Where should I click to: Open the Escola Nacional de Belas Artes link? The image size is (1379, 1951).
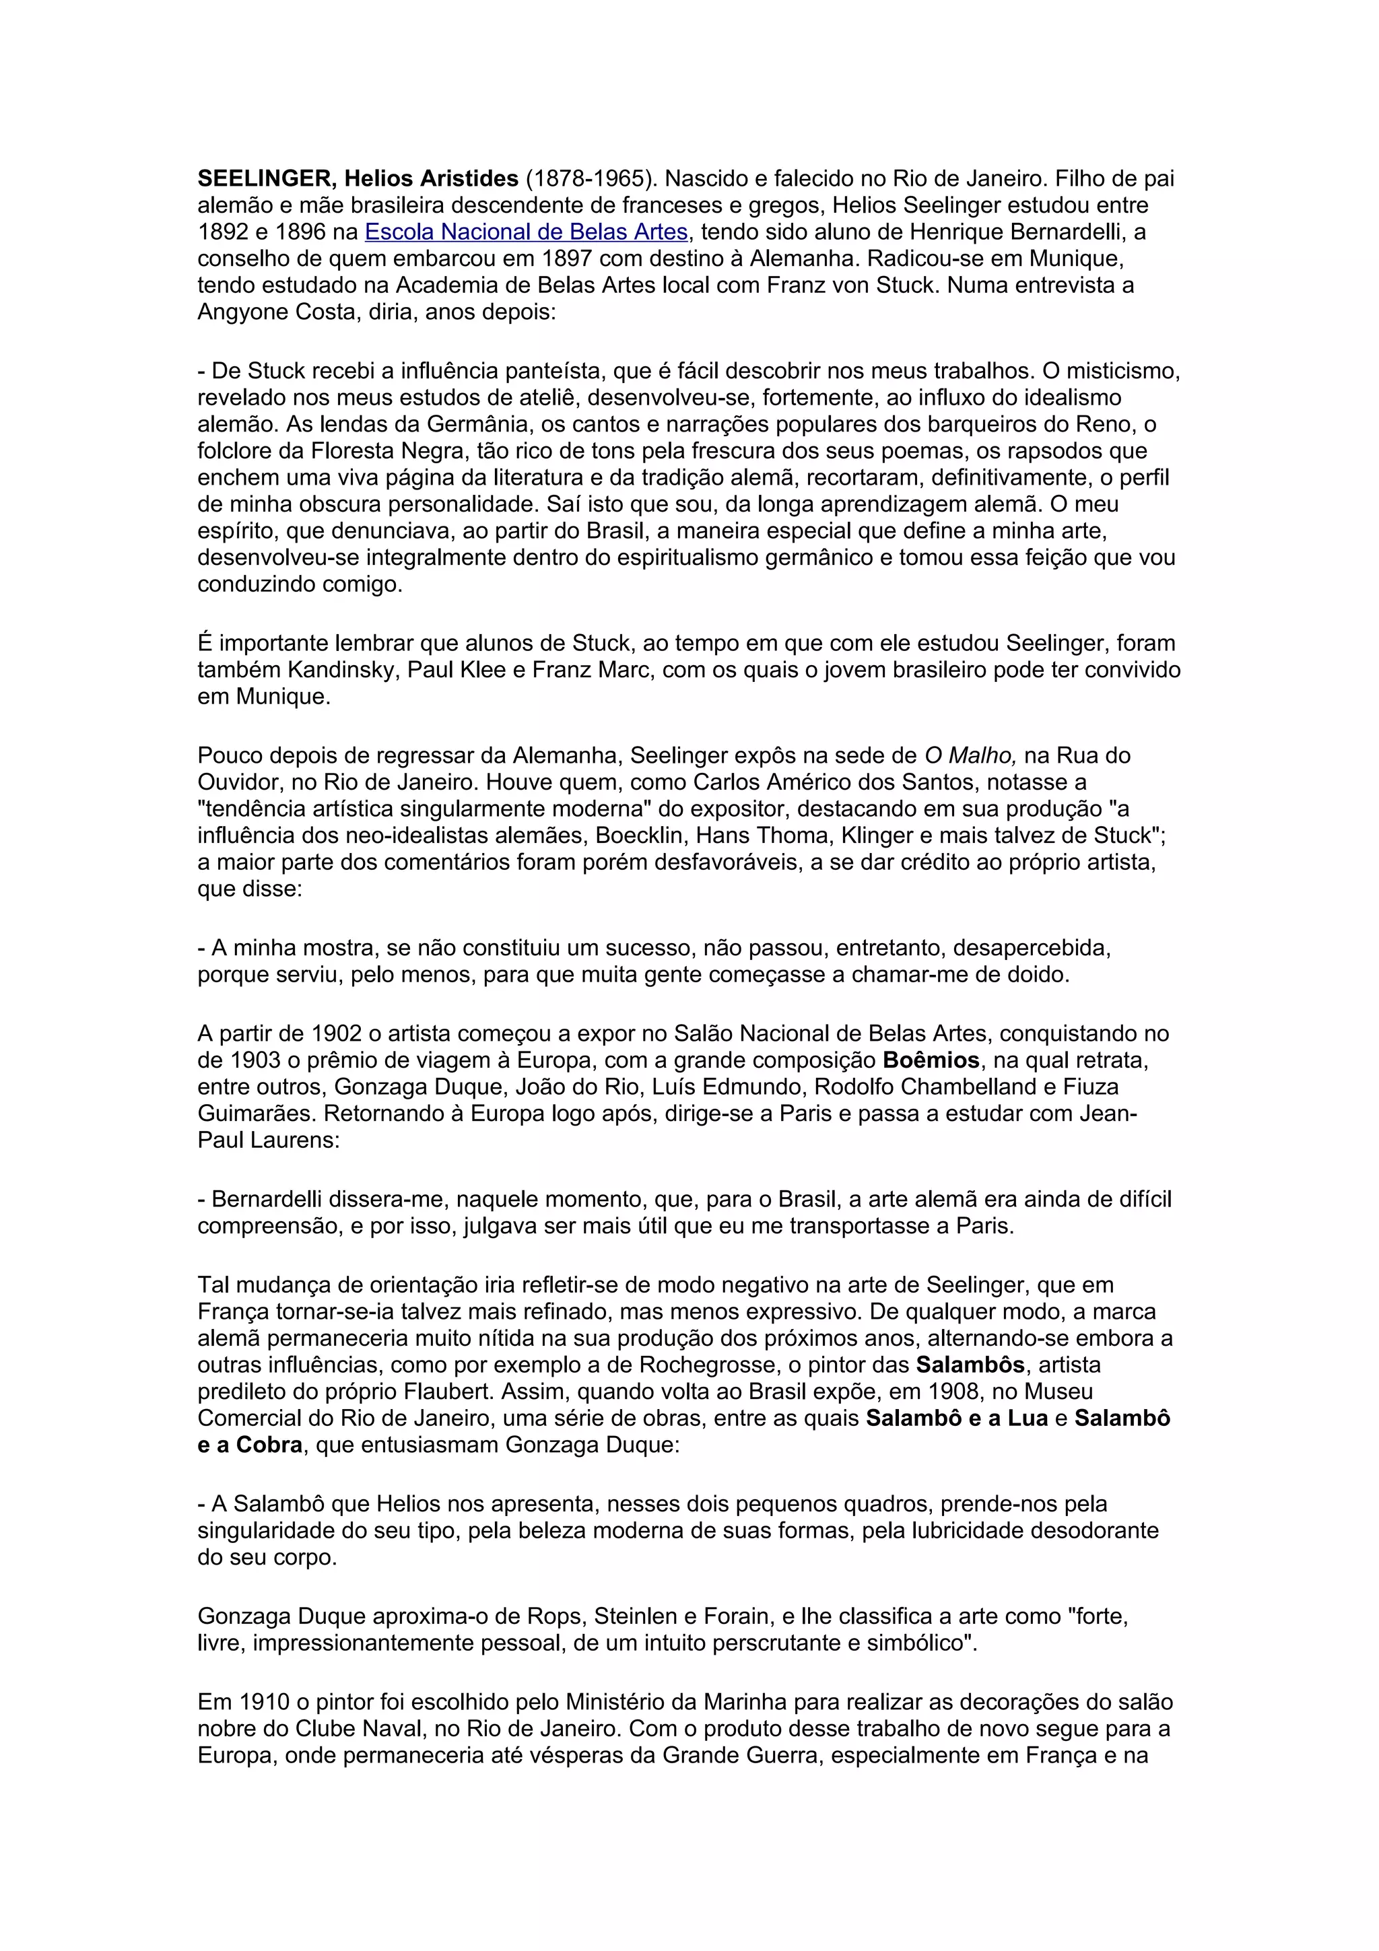pos(526,232)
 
